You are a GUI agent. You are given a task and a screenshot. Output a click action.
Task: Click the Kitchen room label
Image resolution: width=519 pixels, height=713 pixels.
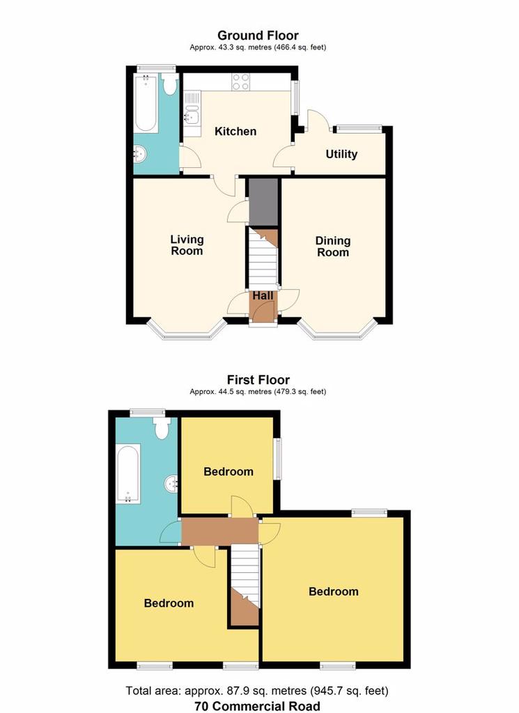pos(235,132)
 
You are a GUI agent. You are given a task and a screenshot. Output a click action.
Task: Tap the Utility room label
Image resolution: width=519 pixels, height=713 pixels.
pos(341,154)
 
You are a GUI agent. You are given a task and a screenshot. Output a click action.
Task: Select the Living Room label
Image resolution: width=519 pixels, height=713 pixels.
pos(187,245)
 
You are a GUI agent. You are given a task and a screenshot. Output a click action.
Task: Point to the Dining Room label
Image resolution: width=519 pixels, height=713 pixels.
pos(333,246)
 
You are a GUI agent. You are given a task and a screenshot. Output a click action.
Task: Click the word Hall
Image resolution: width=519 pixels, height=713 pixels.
pos(263,295)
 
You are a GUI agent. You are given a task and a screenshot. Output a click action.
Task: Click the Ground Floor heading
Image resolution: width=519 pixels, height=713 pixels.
pos(258,36)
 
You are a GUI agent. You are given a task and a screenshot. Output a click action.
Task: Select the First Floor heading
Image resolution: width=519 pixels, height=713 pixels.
pos(258,379)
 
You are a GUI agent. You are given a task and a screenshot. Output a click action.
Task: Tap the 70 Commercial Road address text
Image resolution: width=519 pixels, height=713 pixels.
pos(257,706)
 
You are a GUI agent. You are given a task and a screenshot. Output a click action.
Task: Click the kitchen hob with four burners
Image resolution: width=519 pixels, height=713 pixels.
pos(240,82)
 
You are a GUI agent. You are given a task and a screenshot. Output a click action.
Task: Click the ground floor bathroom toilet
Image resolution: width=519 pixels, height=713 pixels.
pos(170,84)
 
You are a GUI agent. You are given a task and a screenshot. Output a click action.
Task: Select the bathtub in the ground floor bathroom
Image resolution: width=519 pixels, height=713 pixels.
pos(146,104)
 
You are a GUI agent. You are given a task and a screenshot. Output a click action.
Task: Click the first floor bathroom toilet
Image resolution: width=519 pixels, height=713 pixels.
pos(162,428)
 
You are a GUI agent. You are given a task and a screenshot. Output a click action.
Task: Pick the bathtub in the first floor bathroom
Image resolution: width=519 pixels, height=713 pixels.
pos(128,473)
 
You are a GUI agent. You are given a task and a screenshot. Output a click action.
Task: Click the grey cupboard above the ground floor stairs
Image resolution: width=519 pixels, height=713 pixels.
pos(263,202)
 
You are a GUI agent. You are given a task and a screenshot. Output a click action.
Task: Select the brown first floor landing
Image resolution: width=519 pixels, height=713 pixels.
pos(220,531)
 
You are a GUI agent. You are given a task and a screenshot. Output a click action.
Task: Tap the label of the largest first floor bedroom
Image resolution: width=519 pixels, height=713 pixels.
pos(334,592)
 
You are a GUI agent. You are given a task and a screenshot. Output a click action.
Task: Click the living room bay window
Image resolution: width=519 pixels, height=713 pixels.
pos(187,331)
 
